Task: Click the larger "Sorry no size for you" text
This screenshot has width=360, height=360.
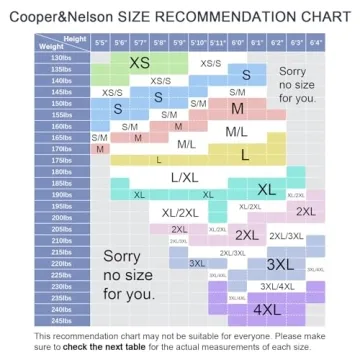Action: coord(129,275)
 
